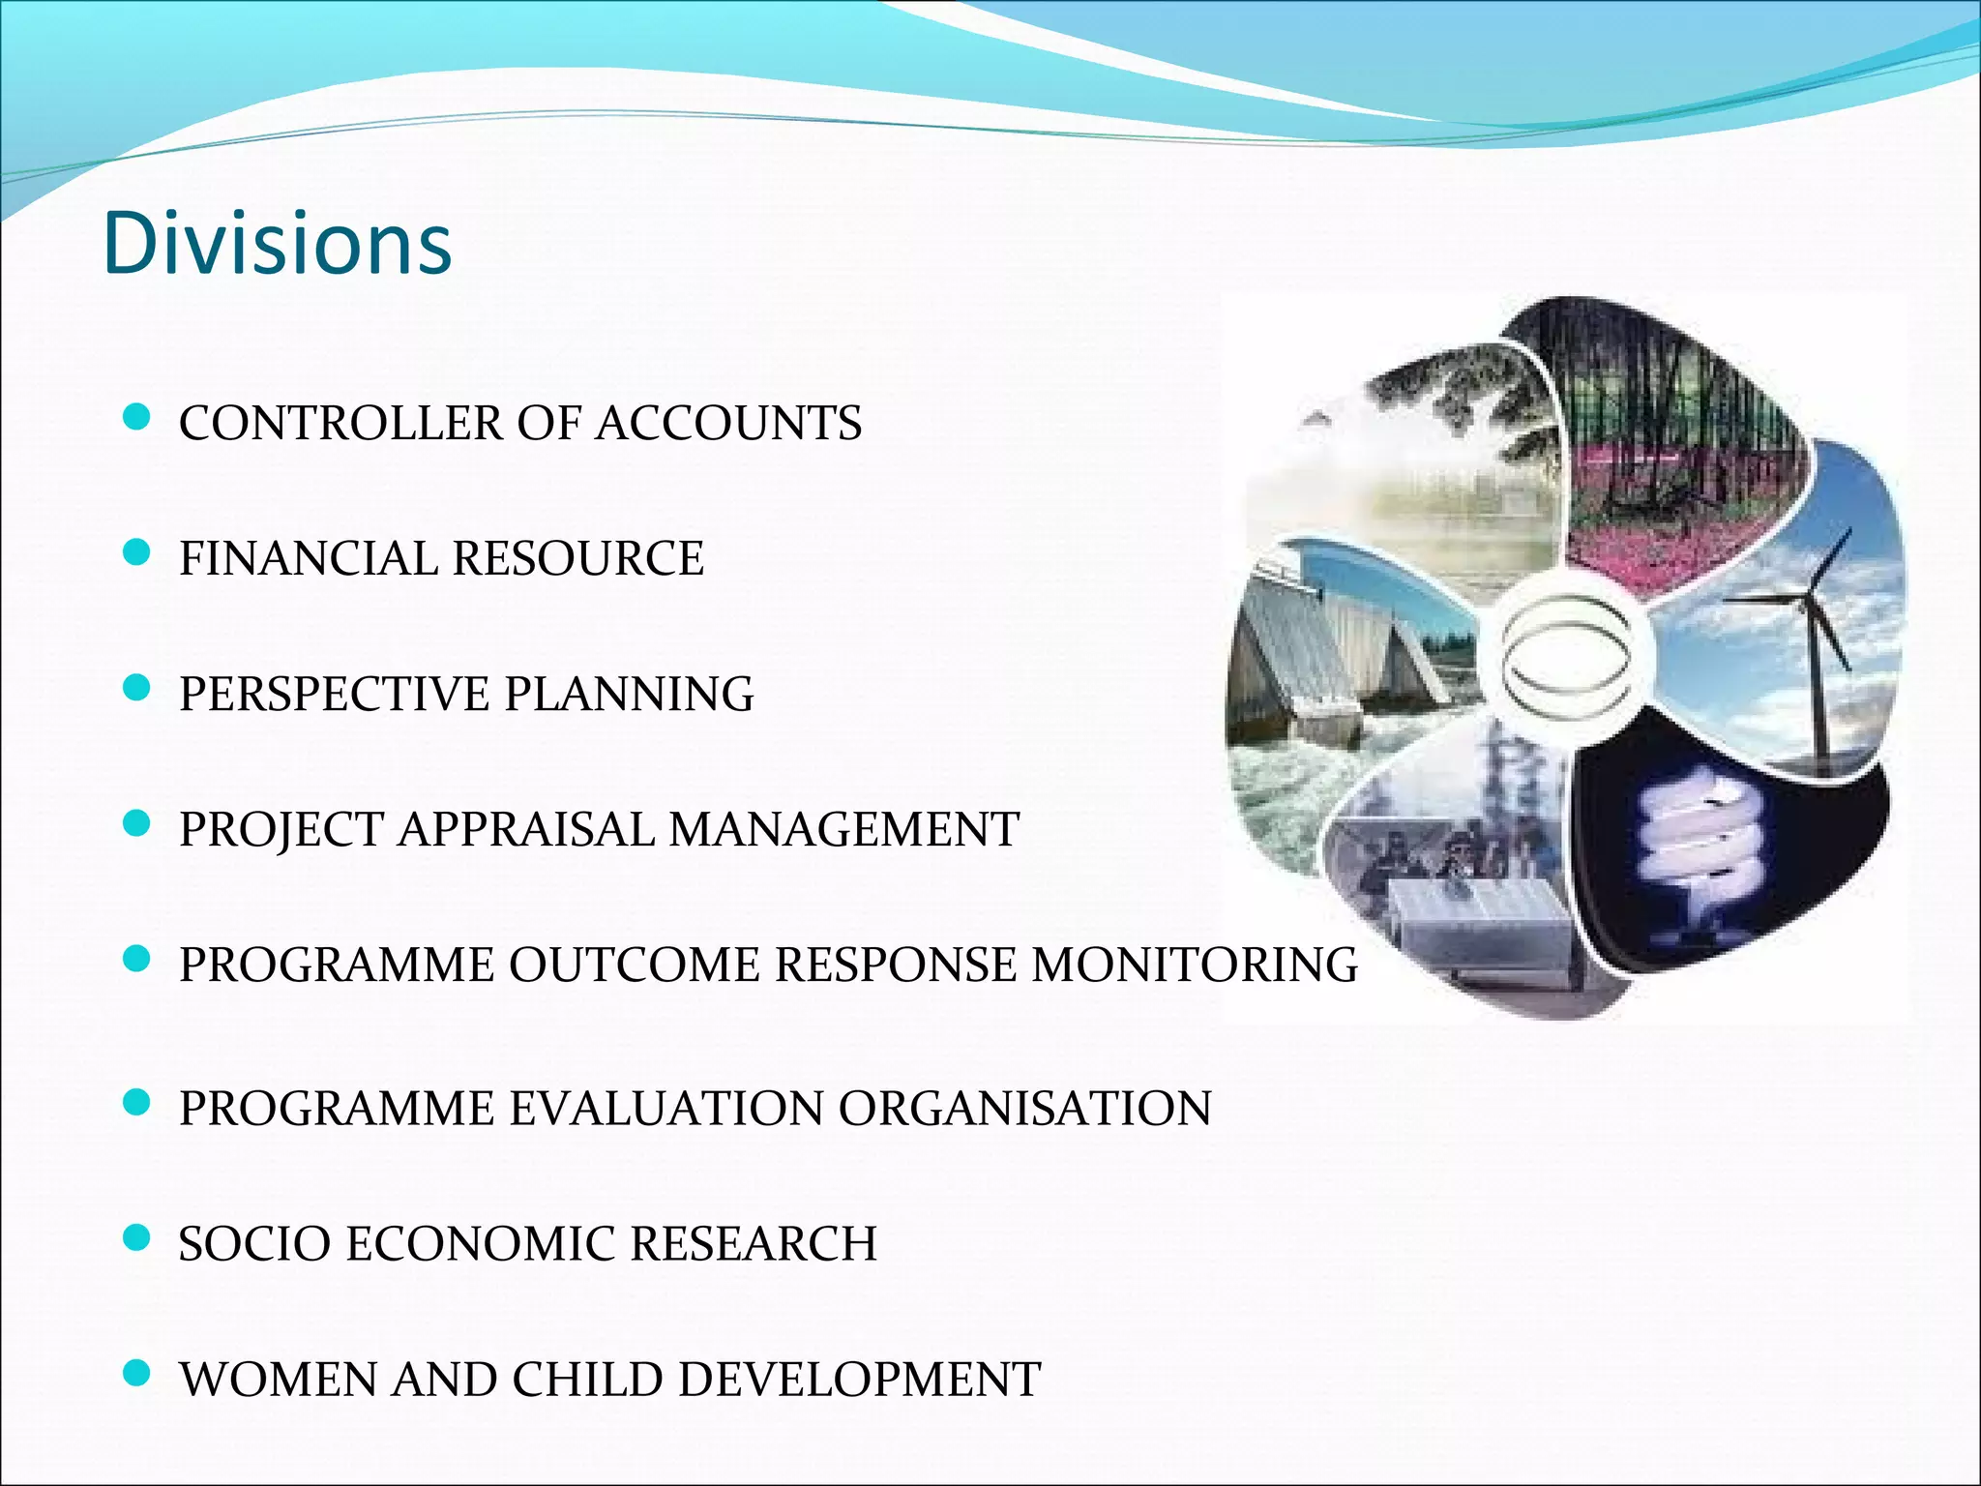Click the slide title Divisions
pos(278,243)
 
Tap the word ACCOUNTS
pos(727,424)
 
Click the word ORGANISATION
pos(1024,1109)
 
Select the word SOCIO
pos(254,1244)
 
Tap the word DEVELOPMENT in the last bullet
pos(859,1380)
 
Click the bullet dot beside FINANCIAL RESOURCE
pos(138,553)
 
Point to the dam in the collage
pos(1316,658)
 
